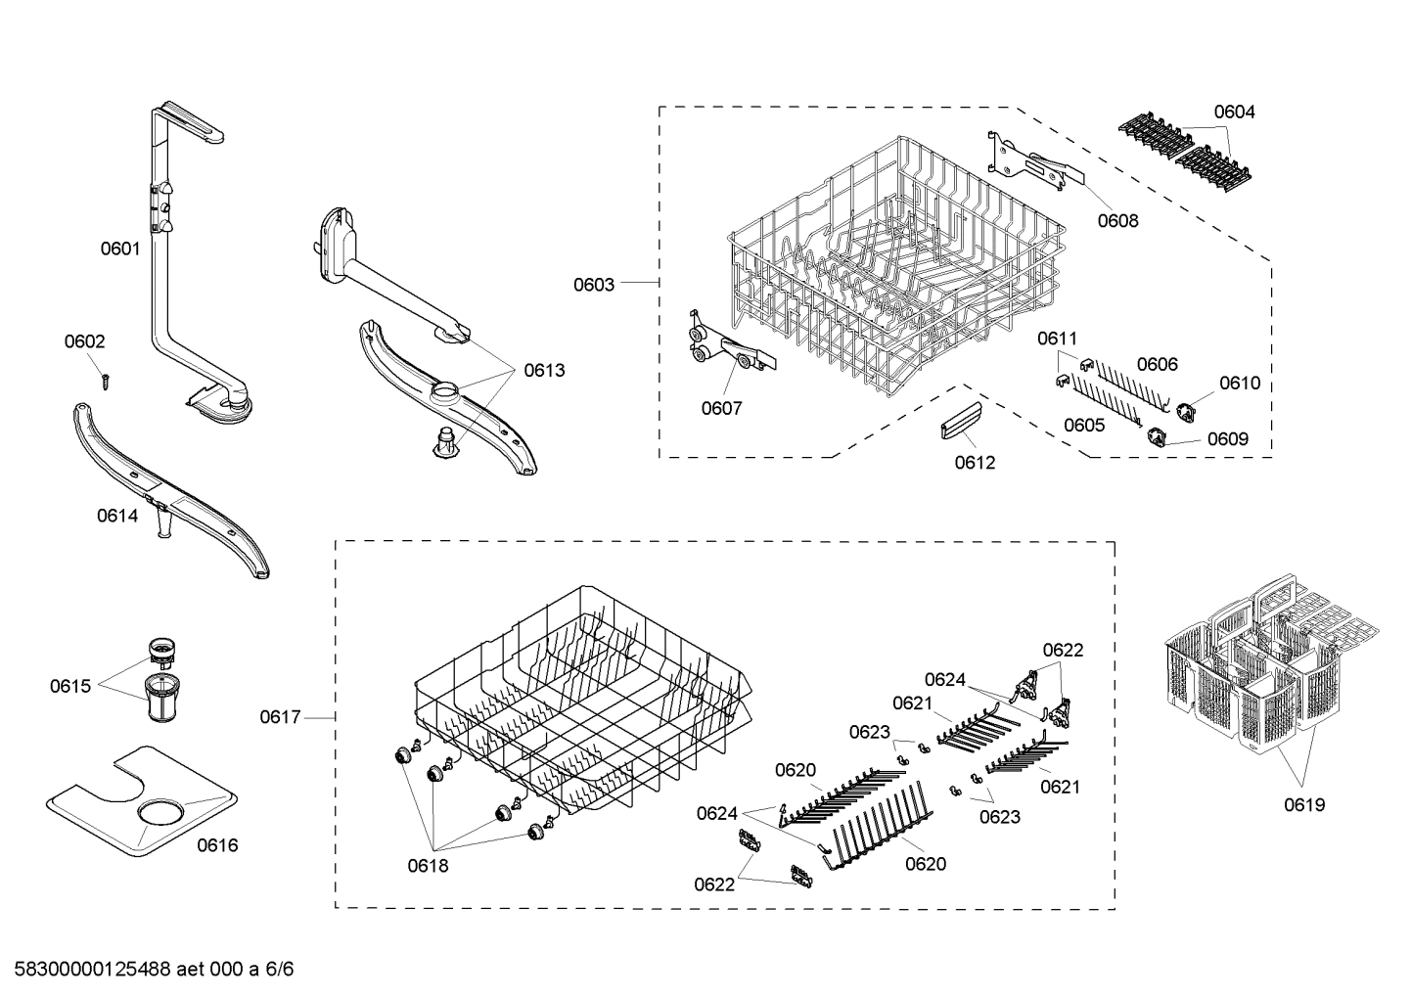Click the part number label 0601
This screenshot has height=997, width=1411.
[x=120, y=249]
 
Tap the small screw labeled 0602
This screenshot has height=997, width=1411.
[x=104, y=379]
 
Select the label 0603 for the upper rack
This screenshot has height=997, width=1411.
[x=594, y=285]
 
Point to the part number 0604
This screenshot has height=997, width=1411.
[x=1234, y=112]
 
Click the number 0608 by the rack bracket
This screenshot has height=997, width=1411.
[x=1117, y=220]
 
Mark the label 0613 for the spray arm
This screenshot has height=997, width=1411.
[x=544, y=370]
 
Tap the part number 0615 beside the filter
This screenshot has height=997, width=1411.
[x=70, y=686]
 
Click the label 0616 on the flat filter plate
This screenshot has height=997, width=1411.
[x=217, y=844]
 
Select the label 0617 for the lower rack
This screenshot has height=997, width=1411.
[x=280, y=717]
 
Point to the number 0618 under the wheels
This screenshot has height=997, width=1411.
[x=428, y=865]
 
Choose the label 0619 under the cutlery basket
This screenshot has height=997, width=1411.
[x=1304, y=804]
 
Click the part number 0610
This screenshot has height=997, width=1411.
[x=1240, y=383]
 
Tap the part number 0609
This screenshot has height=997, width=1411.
[x=1227, y=439]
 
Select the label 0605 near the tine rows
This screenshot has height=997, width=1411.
[x=1084, y=425]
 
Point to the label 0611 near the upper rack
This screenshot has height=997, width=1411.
[x=1057, y=339]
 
